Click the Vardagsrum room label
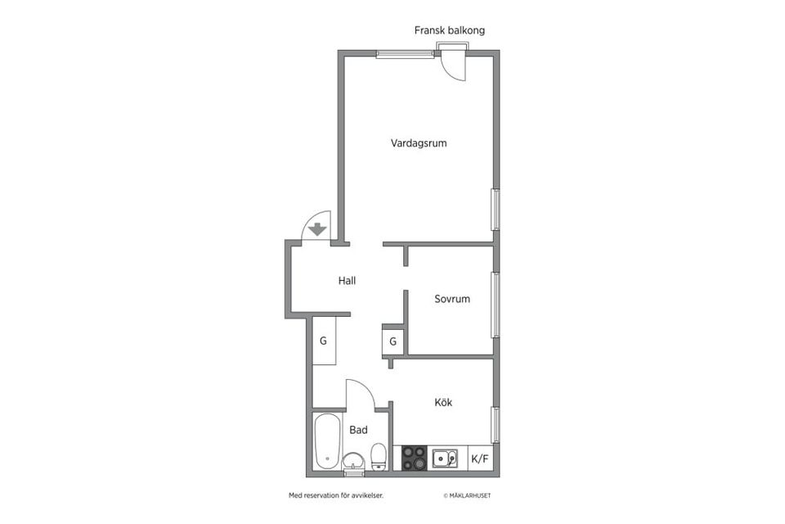(x=419, y=143)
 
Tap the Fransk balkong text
(x=450, y=30)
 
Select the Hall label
(x=347, y=281)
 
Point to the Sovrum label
(x=452, y=299)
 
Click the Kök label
(x=443, y=402)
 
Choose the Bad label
(x=358, y=430)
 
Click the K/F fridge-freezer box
(x=480, y=458)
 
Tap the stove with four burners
(x=414, y=458)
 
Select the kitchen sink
(x=445, y=458)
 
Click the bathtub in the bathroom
(x=327, y=442)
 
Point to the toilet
(x=378, y=456)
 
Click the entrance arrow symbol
(x=317, y=230)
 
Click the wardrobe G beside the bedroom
(x=393, y=341)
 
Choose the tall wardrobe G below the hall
(x=324, y=341)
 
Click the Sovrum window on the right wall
(x=496, y=305)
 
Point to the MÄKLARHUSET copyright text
(x=467, y=495)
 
